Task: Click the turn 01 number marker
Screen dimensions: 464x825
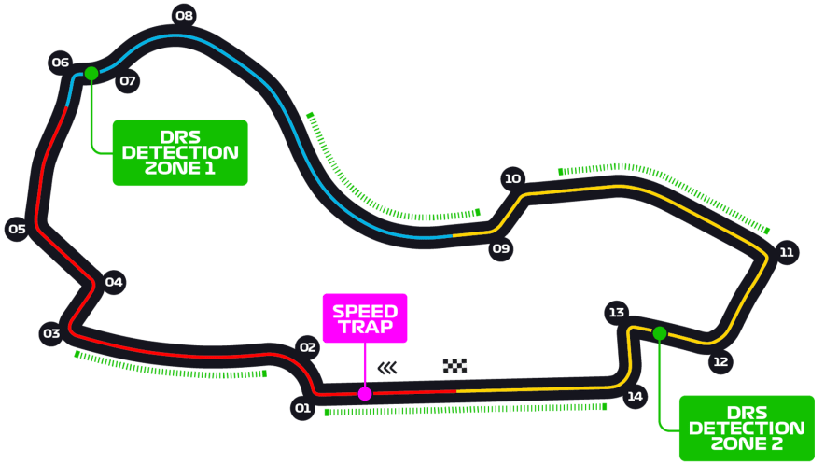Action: pos(302,408)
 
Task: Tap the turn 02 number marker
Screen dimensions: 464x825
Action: pos(308,347)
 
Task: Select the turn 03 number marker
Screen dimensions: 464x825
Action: pos(51,333)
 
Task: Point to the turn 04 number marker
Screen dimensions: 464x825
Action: pos(114,282)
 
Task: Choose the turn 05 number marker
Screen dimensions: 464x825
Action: pos(17,229)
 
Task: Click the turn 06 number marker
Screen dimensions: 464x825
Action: pos(61,63)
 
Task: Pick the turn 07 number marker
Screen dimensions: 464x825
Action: pos(128,81)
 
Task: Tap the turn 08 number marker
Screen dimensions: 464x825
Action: pos(184,15)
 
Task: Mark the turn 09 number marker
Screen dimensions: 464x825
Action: pos(501,248)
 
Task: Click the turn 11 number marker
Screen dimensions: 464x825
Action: pos(787,252)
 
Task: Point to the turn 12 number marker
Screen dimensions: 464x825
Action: pos(720,362)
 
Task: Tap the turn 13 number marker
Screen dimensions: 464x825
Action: pos(615,313)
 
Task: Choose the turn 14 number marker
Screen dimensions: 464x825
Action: pos(635,397)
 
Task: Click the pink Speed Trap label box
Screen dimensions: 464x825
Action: pos(365,318)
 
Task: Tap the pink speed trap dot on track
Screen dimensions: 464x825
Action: pos(365,394)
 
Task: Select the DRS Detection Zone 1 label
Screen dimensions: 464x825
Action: pos(180,152)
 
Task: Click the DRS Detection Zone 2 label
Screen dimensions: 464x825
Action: pos(746,429)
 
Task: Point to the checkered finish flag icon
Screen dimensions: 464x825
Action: pos(454,366)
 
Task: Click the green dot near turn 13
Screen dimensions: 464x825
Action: pos(660,333)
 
